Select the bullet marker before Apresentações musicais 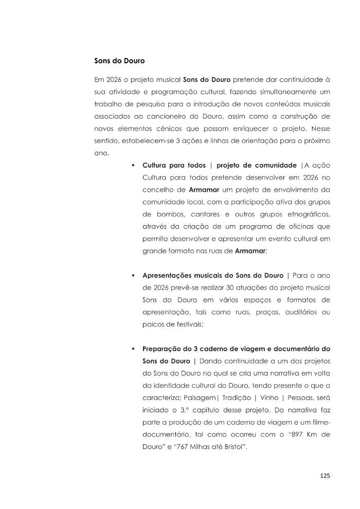(x=133, y=275)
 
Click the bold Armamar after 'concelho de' (x=205, y=190)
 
